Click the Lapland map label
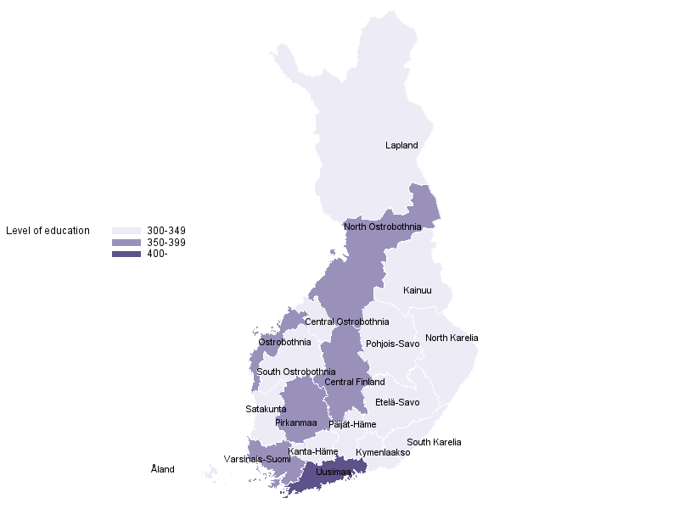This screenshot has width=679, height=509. coord(401,146)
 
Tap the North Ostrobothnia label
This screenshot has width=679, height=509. coord(383,227)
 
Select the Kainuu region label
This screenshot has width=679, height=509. coord(418,291)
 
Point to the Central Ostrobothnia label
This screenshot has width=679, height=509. coord(347,322)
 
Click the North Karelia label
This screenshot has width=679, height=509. coord(452,338)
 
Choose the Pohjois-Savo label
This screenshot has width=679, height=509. coord(393,344)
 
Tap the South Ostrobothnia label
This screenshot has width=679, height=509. coord(296,372)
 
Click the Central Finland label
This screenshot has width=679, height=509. coord(355,383)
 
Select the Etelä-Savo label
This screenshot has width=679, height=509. coord(397,403)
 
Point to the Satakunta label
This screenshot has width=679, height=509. coord(266,410)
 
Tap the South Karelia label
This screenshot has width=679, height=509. coord(434,443)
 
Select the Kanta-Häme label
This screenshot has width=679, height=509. coord(313,452)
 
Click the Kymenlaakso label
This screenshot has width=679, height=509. coord(383,453)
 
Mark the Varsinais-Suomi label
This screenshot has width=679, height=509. coord(257,460)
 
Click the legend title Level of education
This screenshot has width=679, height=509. coord(48,231)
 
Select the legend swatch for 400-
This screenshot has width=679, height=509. coord(126,255)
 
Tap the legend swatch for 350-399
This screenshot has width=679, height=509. coord(126,243)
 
